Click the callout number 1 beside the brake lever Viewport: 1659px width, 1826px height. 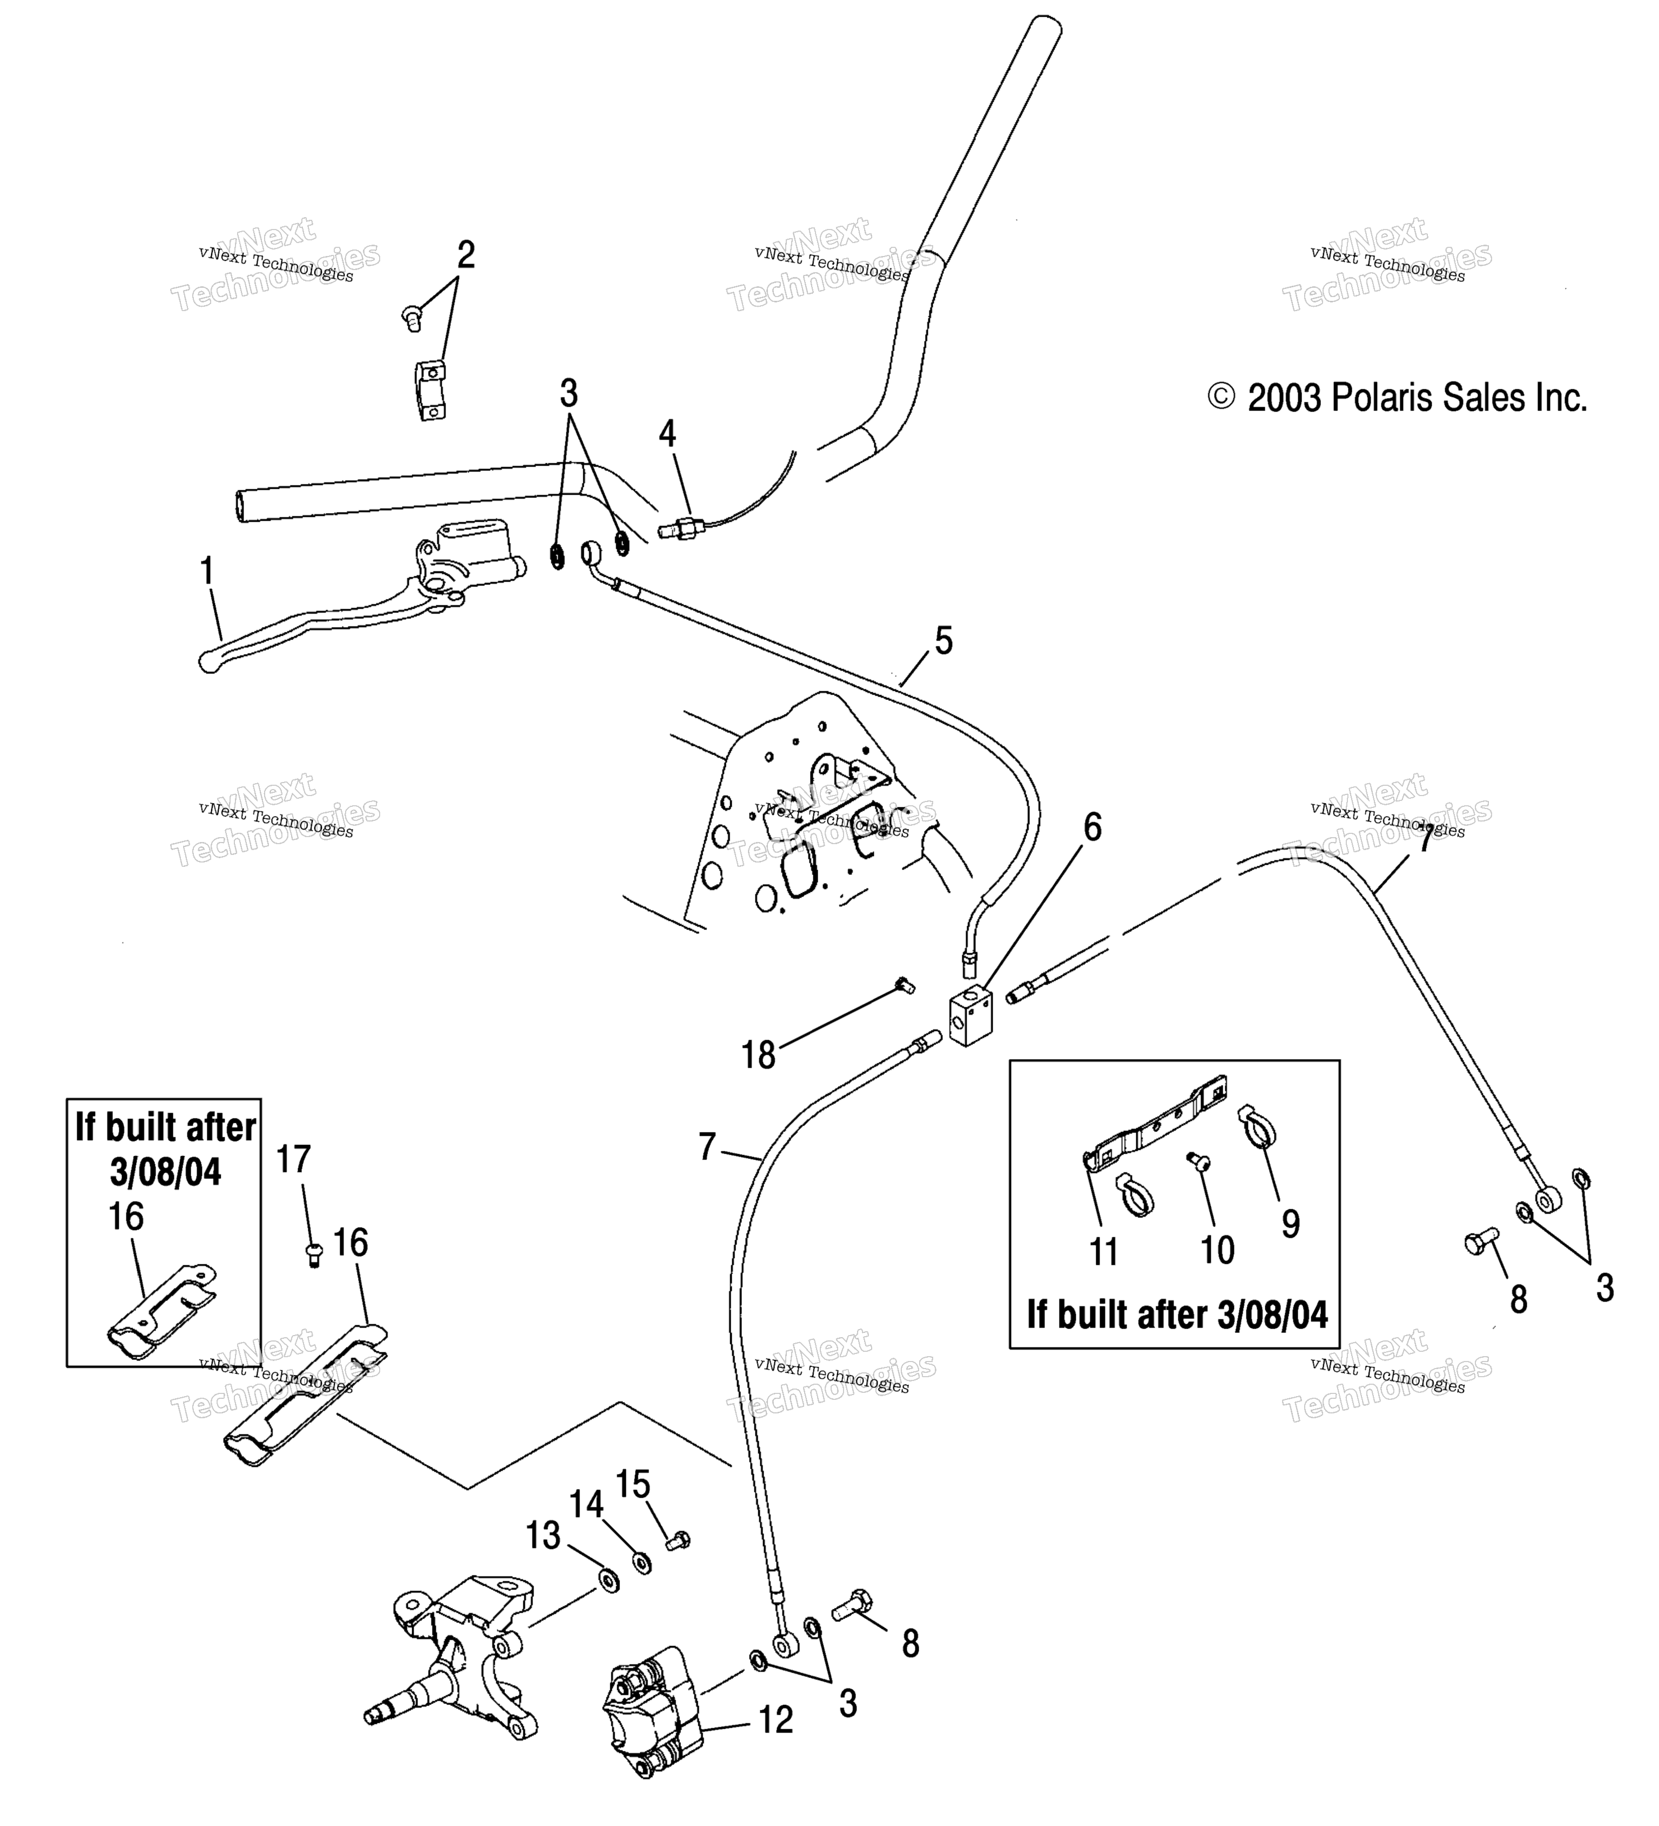pyautogui.click(x=207, y=571)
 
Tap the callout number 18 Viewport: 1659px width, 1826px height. pyautogui.click(x=758, y=1055)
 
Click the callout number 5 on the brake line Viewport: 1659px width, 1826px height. pyautogui.click(x=943, y=641)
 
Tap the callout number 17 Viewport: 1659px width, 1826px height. pyautogui.click(x=293, y=1160)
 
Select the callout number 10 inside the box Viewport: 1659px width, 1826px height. pyautogui.click(x=1217, y=1251)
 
